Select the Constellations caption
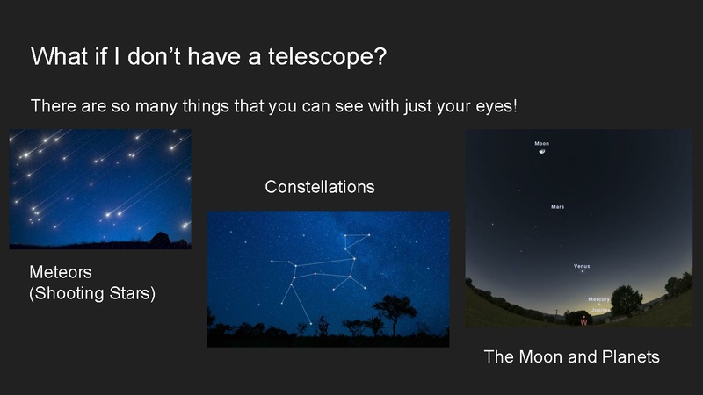[320, 187]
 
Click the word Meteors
[61, 273]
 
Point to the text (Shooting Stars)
[92, 293]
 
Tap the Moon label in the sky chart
[542, 143]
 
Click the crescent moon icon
[543, 152]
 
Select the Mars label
[557, 207]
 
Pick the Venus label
[581, 265]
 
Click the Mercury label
[598, 298]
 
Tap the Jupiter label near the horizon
[600, 310]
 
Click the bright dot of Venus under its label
[582, 272]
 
